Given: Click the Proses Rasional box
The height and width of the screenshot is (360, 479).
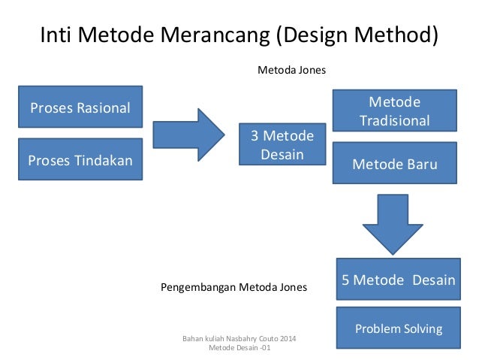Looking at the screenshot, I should [x=80, y=108].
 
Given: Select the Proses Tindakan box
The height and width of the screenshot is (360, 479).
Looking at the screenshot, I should [x=80, y=159].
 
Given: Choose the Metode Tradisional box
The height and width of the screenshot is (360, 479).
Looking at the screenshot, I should [x=395, y=111].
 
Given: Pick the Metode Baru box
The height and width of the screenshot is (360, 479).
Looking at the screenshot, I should [x=395, y=164].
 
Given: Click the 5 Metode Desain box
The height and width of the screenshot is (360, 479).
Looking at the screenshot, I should [x=398, y=280].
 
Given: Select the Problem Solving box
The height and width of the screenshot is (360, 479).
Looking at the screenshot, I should [x=398, y=328].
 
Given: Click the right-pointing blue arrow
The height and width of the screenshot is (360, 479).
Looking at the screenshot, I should [x=188, y=135].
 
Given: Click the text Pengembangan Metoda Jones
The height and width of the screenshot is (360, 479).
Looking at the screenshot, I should [x=234, y=286].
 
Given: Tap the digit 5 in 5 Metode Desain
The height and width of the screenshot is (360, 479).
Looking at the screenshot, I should [x=346, y=280].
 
